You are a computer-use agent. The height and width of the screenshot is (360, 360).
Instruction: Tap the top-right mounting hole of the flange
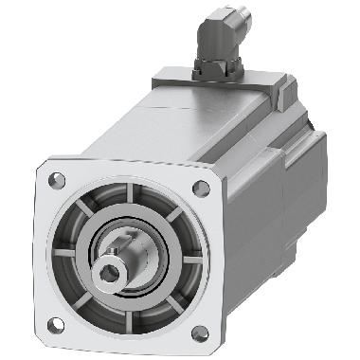point(201,188)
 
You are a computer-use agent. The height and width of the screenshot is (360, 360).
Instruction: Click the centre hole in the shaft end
point(113,272)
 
